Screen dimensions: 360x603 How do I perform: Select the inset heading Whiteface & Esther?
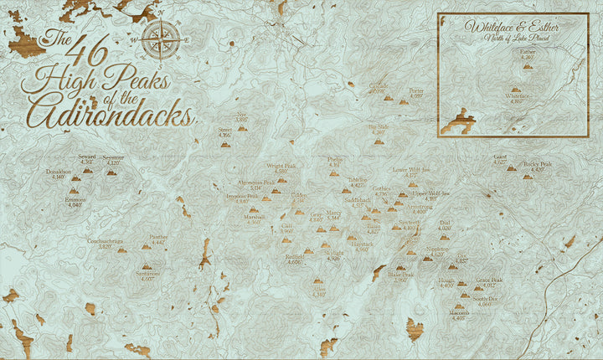pyautogui.click(x=512, y=26)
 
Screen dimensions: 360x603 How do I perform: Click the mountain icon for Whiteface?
pyautogui.click(x=515, y=87)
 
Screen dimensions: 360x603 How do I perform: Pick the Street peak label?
pyautogui.click(x=224, y=131)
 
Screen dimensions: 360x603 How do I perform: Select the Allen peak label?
pyautogui.click(x=319, y=290)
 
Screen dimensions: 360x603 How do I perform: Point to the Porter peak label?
pyautogui.click(x=415, y=90)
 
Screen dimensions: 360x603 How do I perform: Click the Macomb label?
pyautogui.click(x=459, y=312)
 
